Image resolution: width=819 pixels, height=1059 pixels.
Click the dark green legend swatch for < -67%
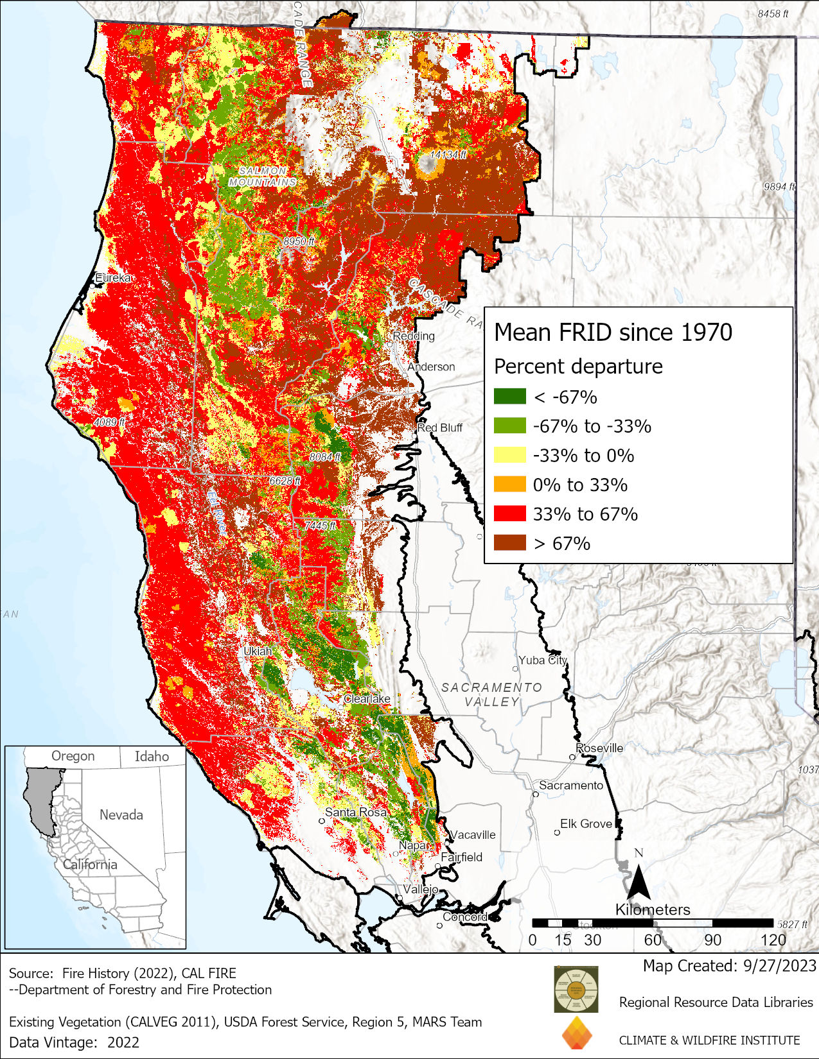pyautogui.click(x=509, y=397)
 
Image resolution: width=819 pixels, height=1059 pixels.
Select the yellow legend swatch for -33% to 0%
pyautogui.click(x=509, y=455)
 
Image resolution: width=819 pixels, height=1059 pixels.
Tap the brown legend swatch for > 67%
pyautogui.click(x=509, y=543)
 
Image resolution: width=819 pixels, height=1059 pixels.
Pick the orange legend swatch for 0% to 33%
pyautogui.click(x=509, y=485)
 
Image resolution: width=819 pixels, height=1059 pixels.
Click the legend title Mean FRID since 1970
pyautogui.click(x=613, y=332)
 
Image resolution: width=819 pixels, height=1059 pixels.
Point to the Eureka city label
pyautogui.click(x=113, y=278)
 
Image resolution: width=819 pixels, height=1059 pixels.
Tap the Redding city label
pyautogui.click(x=414, y=336)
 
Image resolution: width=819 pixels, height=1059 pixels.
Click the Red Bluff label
pyautogui.click(x=440, y=427)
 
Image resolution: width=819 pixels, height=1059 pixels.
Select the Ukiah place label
pyautogui.click(x=258, y=651)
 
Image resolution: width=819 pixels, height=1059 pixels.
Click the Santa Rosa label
pyautogui.click(x=355, y=812)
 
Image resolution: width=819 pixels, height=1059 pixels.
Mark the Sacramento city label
pyautogui.click(x=571, y=785)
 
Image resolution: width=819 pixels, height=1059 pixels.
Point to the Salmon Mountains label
pyautogui.click(x=263, y=176)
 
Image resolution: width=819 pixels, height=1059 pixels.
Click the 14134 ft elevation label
pyautogui.click(x=448, y=155)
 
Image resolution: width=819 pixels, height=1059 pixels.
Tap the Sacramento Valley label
pyautogui.click(x=491, y=694)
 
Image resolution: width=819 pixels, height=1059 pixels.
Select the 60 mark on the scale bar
pyautogui.click(x=653, y=940)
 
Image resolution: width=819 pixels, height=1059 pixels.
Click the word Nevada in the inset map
pyautogui.click(x=121, y=814)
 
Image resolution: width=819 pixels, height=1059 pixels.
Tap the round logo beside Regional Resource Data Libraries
pyautogui.click(x=576, y=989)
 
